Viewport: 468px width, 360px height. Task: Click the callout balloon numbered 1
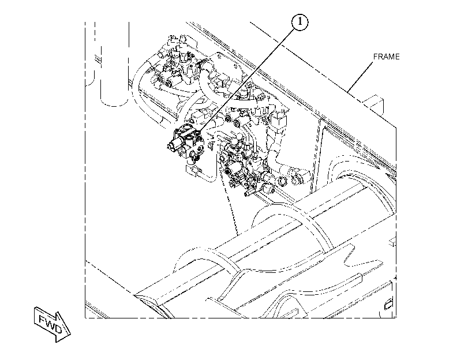pos(299,22)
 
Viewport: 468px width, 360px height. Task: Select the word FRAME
pos(386,57)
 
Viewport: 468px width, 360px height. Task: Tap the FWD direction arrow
pos(53,324)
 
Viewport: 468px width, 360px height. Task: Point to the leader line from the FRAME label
pos(360,76)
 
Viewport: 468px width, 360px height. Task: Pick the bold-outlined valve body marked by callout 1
pos(186,142)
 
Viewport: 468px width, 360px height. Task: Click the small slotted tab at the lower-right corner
pos(388,305)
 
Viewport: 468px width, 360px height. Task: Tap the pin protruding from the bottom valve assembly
pos(247,194)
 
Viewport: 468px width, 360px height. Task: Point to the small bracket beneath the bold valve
pos(193,171)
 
